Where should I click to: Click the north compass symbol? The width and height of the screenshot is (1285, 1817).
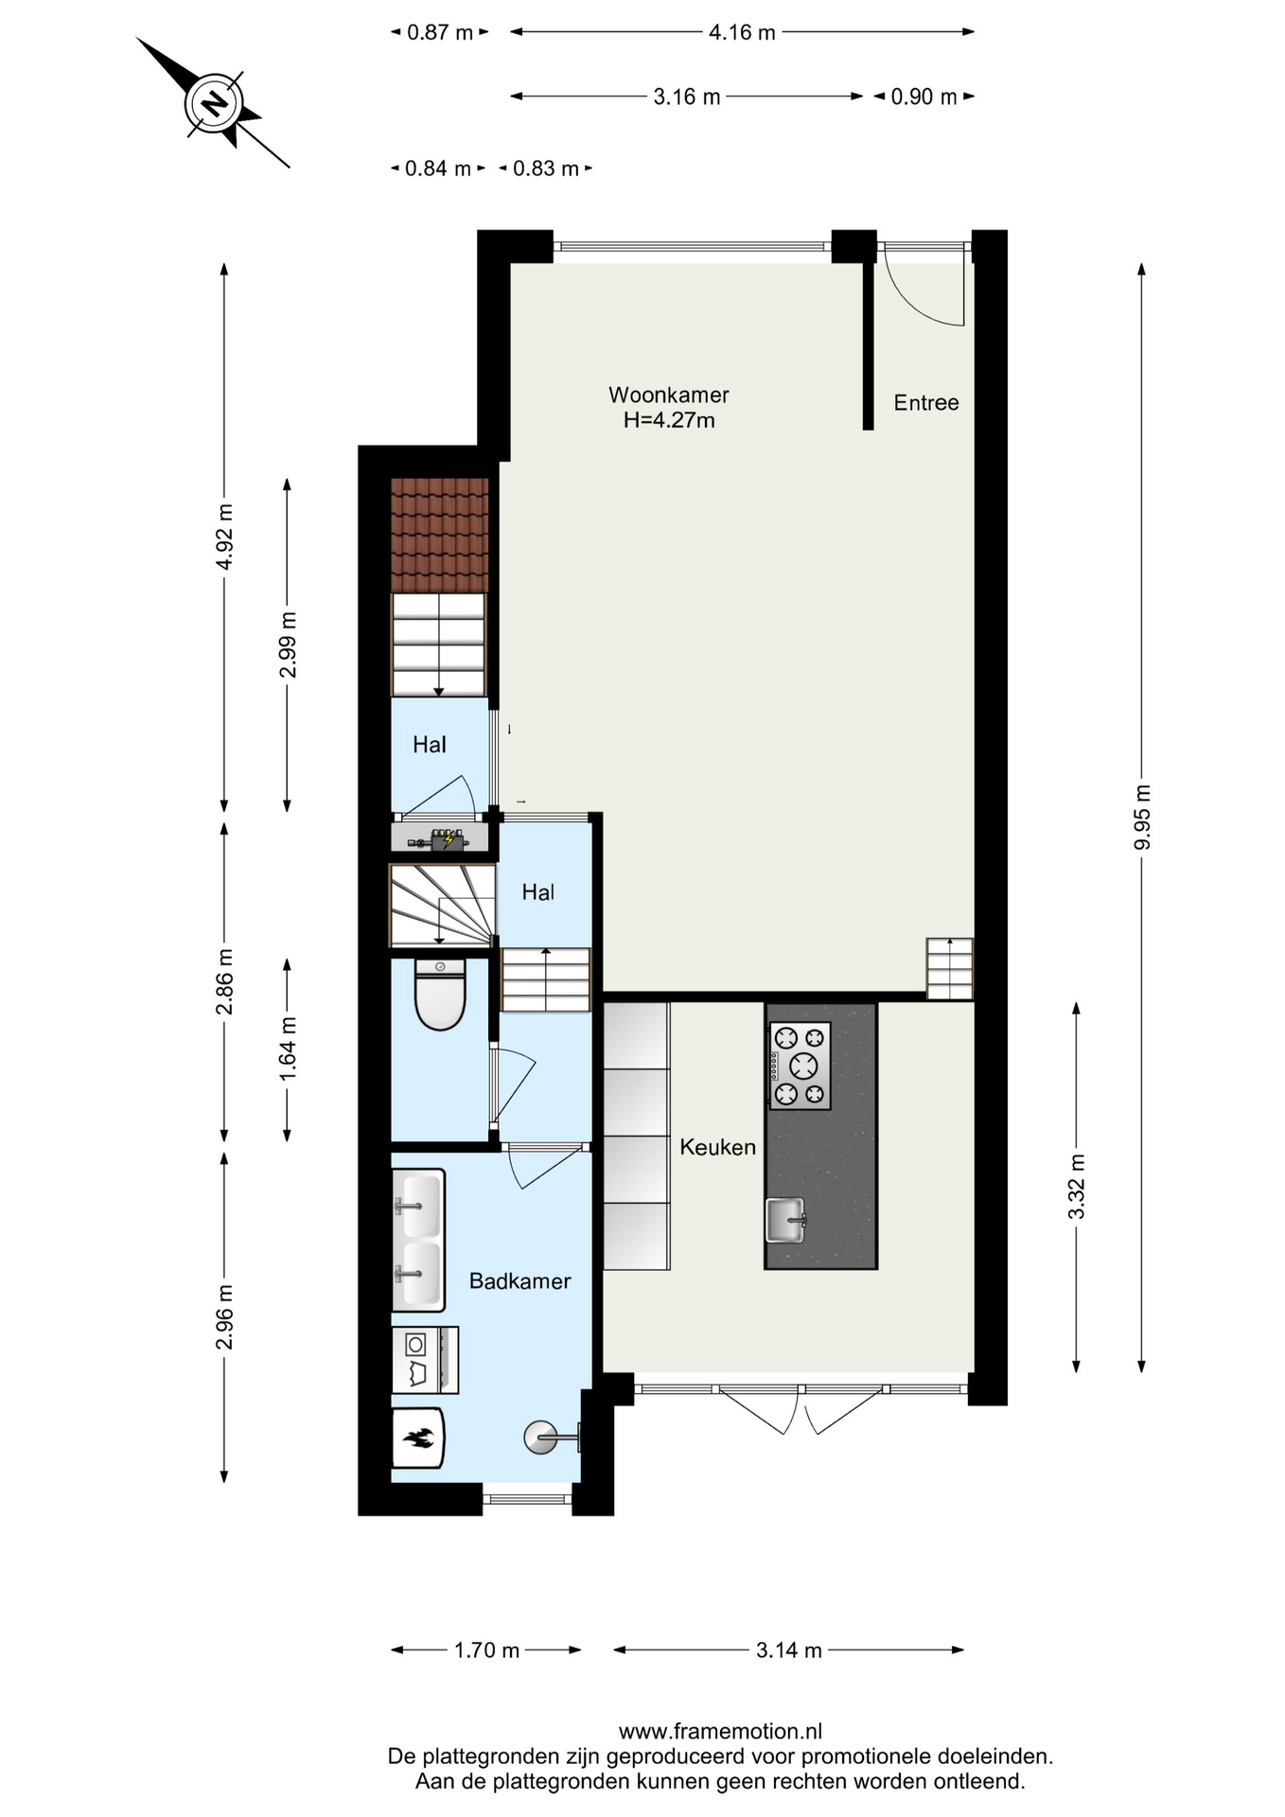[214, 102]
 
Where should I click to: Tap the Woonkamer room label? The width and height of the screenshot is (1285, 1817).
[668, 395]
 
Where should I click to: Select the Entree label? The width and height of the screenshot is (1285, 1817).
[926, 403]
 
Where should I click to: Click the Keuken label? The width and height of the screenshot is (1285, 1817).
[717, 1147]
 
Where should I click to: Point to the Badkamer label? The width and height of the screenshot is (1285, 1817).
[519, 1281]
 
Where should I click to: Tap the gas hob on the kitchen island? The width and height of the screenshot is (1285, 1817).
[800, 1066]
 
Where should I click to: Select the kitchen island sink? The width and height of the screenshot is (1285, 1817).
[785, 1220]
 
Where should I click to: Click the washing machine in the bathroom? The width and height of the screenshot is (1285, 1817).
[425, 1360]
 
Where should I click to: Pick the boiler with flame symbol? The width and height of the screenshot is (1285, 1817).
[417, 1438]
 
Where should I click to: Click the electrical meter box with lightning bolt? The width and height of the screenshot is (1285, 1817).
[447, 839]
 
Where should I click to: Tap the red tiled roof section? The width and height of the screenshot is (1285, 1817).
[440, 536]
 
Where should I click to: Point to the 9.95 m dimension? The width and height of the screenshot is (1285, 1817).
[1142, 818]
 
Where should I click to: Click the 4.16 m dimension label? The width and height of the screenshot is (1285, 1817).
[742, 32]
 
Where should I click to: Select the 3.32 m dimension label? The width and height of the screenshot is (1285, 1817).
[1076, 1187]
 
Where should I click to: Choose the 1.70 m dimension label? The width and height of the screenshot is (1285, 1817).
[486, 1650]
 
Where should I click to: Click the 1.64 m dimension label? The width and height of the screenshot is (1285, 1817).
[288, 1049]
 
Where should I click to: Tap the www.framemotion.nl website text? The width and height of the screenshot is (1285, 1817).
[720, 1732]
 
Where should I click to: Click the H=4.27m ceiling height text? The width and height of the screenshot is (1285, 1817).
[668, 420]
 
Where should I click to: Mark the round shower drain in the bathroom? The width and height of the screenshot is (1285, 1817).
[540, 1438]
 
